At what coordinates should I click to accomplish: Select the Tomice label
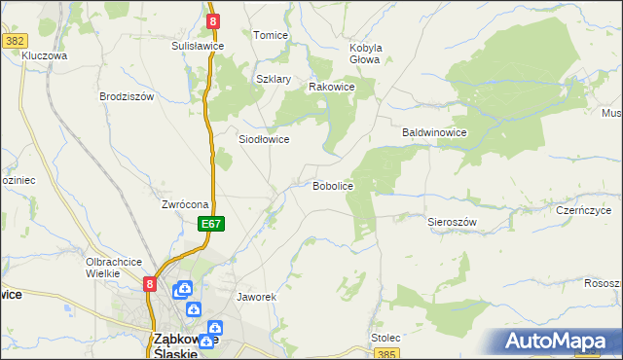(271, 35)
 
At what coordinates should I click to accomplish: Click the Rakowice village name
(331, 87)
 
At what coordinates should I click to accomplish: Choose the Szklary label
(274, 80)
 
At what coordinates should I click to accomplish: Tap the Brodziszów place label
(128, 96)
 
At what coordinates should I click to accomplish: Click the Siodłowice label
(264, 139)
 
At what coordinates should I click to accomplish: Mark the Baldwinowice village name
(436, 131)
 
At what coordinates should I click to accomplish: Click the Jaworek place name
(258, 296)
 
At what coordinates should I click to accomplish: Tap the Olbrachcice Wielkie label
(115, 268)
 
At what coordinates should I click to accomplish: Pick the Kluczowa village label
(45, 56)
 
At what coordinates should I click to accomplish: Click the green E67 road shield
(213, 224)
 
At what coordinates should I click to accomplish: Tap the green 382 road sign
(15, 41)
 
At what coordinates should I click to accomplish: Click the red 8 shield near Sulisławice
(212, 19)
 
